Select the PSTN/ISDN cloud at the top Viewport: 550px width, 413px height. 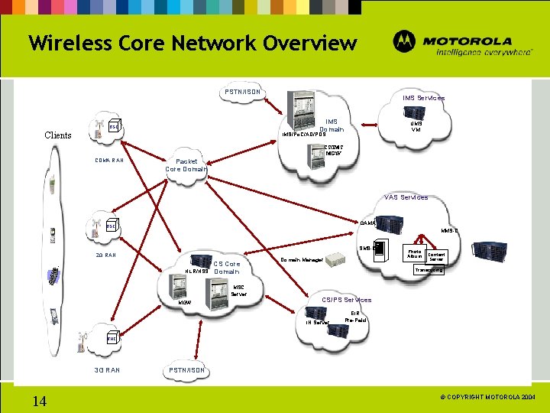[x=242, y=93]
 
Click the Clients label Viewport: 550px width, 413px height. [x=58, y=135]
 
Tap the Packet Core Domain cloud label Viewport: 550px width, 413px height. [x=186, y=165]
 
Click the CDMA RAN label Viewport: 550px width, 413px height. [x=110, y=161]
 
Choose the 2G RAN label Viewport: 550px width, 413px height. [x=105, y=255]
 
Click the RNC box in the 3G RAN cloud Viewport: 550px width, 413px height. [x=112, y=337]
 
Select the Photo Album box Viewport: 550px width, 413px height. [x=414, y=254]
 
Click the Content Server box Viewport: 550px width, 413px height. [x=436, y=257]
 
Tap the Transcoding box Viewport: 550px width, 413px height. [x=429, y=270]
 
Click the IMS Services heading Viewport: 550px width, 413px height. [x=424, y=98]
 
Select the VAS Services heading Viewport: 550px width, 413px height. [x=406, y=197]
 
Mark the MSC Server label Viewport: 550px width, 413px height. [x=239, y=291]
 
